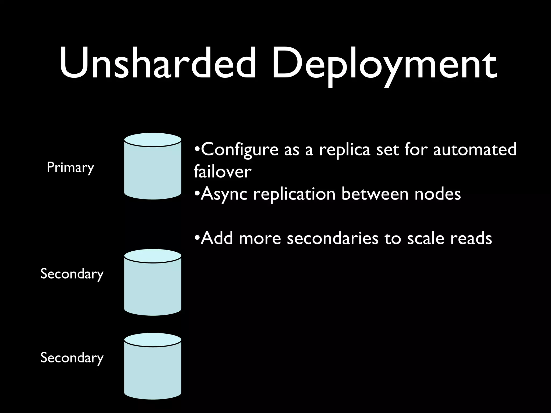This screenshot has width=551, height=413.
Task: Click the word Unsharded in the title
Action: (x=157, y=63)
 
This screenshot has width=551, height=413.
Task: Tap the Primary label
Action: (x=70, y=168)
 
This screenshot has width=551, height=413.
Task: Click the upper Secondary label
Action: (x=72, y=274)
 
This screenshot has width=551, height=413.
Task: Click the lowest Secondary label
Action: (x=72, y=358)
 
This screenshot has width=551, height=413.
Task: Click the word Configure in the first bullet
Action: (x=239, y=150)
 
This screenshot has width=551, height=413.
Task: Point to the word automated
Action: (x=475, y=150)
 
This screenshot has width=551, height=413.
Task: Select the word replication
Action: (x=294, y=194)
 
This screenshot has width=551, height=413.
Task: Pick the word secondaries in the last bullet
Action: (x=333, y=238)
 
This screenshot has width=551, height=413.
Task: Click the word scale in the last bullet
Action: (x=425, y=238)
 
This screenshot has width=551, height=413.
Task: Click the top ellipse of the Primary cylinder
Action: (x=153, y=140)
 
